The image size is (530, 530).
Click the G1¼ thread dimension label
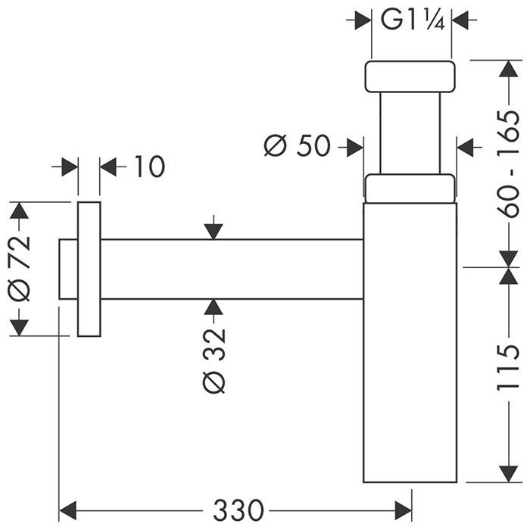pos(412,20)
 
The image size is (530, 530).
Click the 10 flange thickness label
pos(149,167)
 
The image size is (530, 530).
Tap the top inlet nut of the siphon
pos(410,76)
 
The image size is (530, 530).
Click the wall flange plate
pos(89,269)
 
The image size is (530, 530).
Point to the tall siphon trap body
pos(410,341)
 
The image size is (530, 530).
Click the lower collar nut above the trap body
pos(410,189)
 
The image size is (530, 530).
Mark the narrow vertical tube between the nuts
pos(410,133)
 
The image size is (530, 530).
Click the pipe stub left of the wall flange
pos(68,269)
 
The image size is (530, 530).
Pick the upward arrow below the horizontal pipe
pos(214,307)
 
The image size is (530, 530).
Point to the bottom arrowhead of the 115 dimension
pos(506,474)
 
